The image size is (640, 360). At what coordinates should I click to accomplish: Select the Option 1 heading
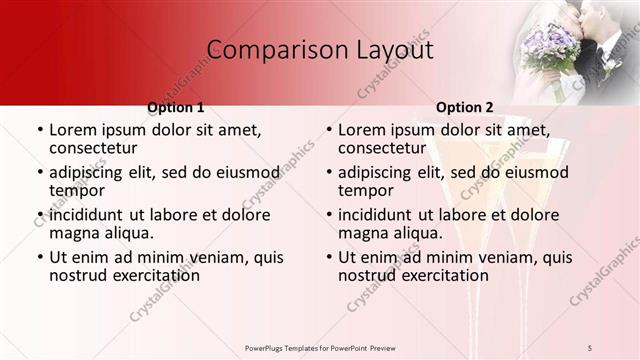tap(176, 107)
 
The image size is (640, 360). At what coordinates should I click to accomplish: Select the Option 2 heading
tap(465, 107)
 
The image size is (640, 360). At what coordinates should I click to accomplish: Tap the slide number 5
tap(590, 347)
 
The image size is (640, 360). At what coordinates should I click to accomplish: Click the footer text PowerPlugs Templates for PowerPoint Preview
tap(320, 347)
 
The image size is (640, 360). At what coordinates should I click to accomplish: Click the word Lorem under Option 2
tap(361, 130)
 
